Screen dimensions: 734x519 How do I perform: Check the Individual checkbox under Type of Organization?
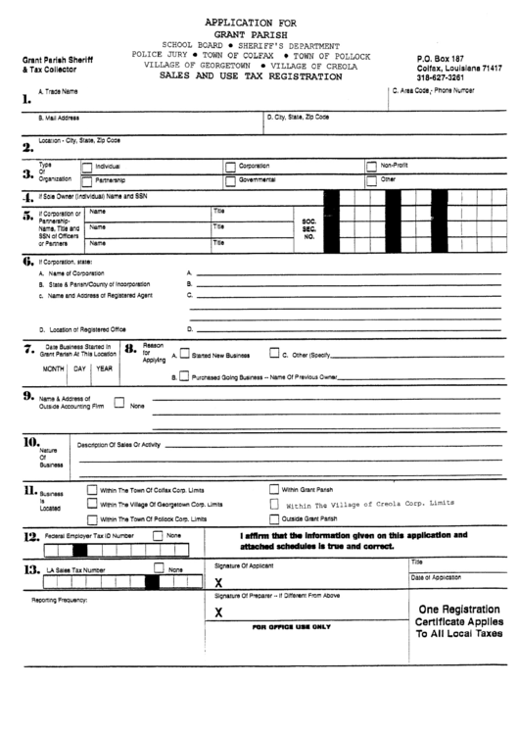click(87, 167)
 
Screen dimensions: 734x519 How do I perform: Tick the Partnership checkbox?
click(87, 180)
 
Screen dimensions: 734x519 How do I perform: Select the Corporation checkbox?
click(231, 167)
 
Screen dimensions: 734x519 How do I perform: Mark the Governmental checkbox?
click(231, 180)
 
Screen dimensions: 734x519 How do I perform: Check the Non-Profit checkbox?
click(371, 167)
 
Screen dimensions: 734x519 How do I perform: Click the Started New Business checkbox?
click(184, 355)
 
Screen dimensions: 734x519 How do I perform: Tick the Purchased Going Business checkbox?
click(184, 376)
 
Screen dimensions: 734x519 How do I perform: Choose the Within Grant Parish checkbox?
click(274, 489)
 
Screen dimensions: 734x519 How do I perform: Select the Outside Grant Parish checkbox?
click(274, 518)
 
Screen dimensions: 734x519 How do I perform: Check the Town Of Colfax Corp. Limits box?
click(93, 489)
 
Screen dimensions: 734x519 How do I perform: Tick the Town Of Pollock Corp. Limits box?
click(93, 518)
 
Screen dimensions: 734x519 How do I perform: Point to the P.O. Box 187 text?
click(440, 59)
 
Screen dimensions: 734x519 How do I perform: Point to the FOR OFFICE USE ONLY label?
click(292, 626)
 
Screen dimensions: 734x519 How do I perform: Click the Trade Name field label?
click(57, 91)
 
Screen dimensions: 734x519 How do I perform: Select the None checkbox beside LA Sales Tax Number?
click(159, 569)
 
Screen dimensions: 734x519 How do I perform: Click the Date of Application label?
click(436, 577)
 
